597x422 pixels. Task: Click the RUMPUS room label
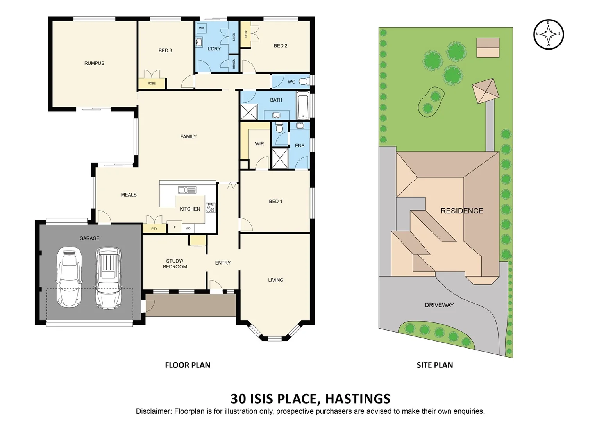94,63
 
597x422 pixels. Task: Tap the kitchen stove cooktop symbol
210,208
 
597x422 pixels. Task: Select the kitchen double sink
187,190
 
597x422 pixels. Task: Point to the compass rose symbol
548,34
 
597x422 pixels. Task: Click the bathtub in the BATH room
303,105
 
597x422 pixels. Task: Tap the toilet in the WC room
304,82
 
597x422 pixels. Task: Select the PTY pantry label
154,229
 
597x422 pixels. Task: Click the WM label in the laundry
202,28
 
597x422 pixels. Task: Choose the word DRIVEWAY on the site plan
439,305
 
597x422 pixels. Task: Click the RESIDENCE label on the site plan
462,211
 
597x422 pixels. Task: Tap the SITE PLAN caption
434,365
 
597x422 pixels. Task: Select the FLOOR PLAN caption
188,365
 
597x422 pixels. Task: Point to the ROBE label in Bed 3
152,84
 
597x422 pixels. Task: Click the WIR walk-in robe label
259,144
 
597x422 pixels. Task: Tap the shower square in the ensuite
280,159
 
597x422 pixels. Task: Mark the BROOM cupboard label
234,63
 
